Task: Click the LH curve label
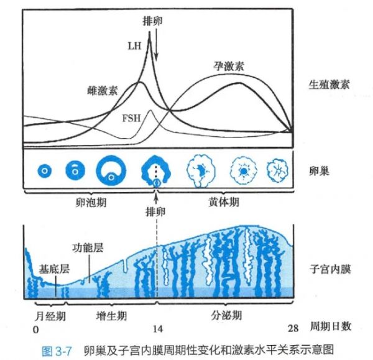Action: [x=135, y=46]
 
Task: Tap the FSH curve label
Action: [x=132, y=118]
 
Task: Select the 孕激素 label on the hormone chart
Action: [x=228, y=66]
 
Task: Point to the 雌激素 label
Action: [x=103, y=91]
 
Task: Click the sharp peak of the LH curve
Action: [x=149, y=32]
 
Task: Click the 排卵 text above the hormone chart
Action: [x=153, y=21]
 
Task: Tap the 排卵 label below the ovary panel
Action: [x=155, y=211]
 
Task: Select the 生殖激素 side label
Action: [x=329, y=85]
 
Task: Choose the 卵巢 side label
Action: [x=319, y=171]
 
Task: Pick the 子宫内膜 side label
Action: [x=330, y=269]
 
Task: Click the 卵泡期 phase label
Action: [x=91, y=203]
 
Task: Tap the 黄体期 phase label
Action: [x=224, y=202]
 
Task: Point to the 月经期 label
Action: [x=50, y=316]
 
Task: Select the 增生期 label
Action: [x=111, y=316]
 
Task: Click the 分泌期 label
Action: [x=226, y=315]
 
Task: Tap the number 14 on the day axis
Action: [x=158, y=329]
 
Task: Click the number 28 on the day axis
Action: [x=293, y=328]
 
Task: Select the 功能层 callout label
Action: [x=88, y=247]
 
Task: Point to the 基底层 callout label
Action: [x=54, y=269]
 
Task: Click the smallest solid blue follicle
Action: [x=45, y=170]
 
